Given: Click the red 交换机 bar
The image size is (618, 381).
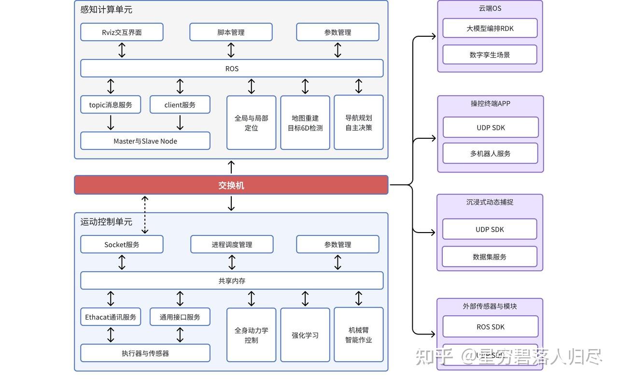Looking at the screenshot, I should (x=231, y=185).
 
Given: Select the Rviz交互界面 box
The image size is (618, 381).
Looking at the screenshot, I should (x=122, y=32).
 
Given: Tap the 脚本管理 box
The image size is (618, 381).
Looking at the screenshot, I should (x=231, y=32).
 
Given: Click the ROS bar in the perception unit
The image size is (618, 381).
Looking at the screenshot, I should (x=232, y=69).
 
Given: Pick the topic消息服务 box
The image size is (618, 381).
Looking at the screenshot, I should (x=111, y=105).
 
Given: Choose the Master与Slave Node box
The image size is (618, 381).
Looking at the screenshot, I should (x=145, y=141).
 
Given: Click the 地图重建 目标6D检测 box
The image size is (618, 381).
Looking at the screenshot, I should (x=305, y=123).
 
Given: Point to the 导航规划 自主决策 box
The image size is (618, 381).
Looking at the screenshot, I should (x=359, y=123).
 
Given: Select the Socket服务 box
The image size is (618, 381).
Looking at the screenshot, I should (x=122, y=245).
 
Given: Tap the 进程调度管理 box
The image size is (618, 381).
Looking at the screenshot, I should (x=232, y=245).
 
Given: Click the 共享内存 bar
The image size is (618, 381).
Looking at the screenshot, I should (x=232, y=281).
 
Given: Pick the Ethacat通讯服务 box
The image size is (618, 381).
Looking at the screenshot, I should (x=111, y=317).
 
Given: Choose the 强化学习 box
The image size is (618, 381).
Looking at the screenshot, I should (x=305, y=335).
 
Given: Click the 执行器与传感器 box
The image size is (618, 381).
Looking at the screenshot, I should (x=145, y=353).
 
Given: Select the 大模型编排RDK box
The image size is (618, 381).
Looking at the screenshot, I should (x=490, y=29).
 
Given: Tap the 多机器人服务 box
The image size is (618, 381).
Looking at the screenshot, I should (x=490, y=154).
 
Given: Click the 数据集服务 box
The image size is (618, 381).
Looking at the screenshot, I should (x=490, y=257).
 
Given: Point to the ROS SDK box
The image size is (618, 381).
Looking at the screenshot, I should (x=490, y=327).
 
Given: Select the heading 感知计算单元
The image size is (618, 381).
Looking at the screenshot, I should (x=106, y=10).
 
